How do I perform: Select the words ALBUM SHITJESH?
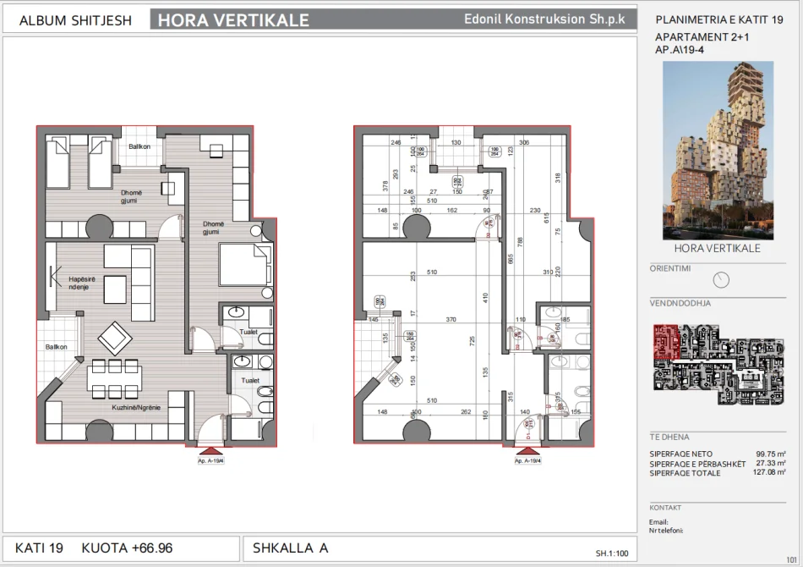pos(75,20)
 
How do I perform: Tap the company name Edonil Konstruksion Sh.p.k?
pos(545,19)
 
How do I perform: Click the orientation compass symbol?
pos(721,279)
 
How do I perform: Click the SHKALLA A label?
pos(290,548)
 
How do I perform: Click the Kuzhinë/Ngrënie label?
pos(136,408)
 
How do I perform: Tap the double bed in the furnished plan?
pos(246,266)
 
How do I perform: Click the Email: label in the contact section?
pos(658,522)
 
